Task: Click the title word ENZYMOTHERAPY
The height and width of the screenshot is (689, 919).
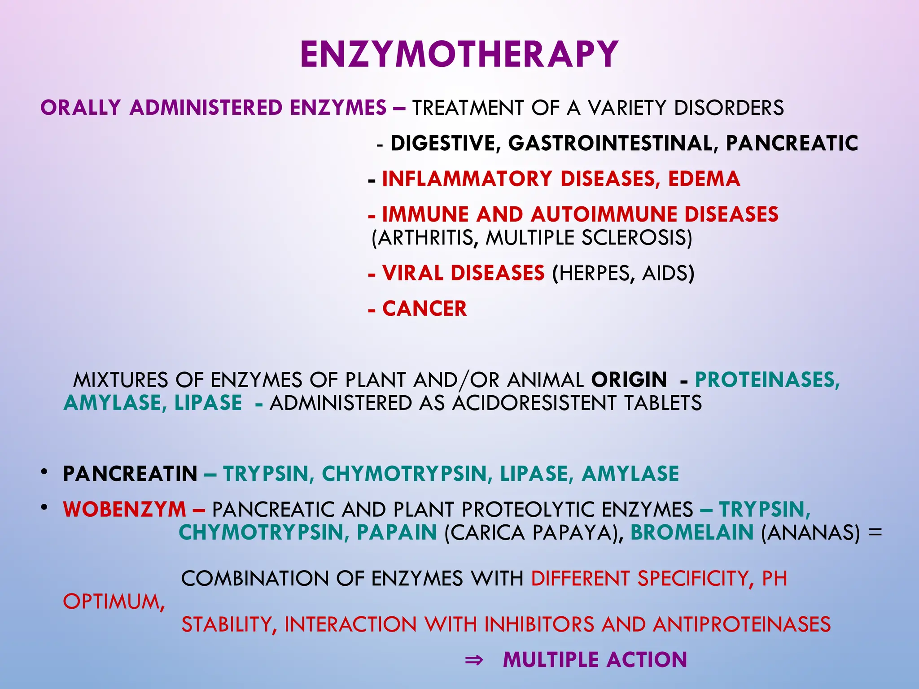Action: click(x=459, y=54)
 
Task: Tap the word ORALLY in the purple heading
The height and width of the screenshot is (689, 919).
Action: click(x=81, y=108)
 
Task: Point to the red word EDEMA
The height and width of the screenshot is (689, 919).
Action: click(x=704, y=179)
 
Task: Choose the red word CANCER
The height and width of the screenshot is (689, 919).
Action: click(x=424, y=309)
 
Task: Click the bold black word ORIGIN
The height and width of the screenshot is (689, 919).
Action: click(x=629, y=380)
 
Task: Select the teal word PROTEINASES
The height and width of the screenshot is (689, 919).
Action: click(x=767, y=380)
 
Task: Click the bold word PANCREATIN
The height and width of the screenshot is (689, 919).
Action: click(x=130, y=474)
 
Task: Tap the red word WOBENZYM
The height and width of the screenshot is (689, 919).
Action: click(x=124, y=510)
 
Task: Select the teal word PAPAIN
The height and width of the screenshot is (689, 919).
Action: click(x=397, y=532)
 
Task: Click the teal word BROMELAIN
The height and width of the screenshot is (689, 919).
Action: click(x=691, y=532)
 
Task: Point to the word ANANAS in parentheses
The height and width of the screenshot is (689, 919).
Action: click(x=810, y=533)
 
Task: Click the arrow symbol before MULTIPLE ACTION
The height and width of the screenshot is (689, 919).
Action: click(x=474, y=660)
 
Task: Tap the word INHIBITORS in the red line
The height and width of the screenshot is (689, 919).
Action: click(x=539, y=624)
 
